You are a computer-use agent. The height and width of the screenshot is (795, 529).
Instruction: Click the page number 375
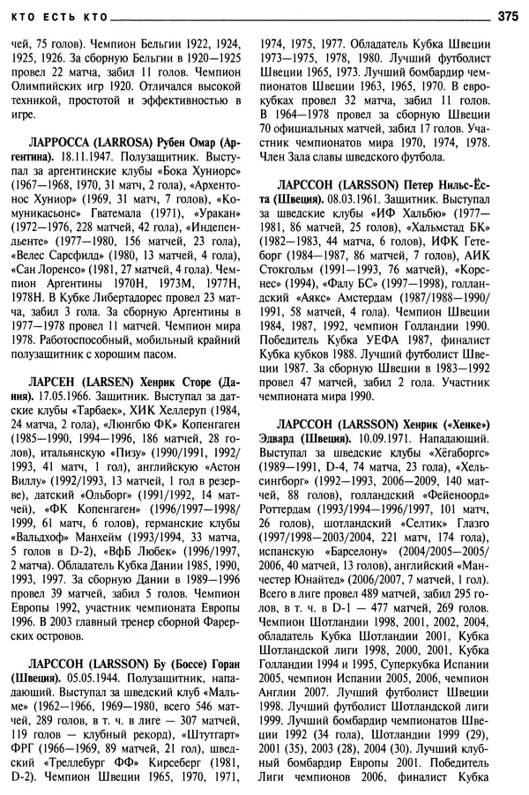pyautogui.click(x=509, y=15)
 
